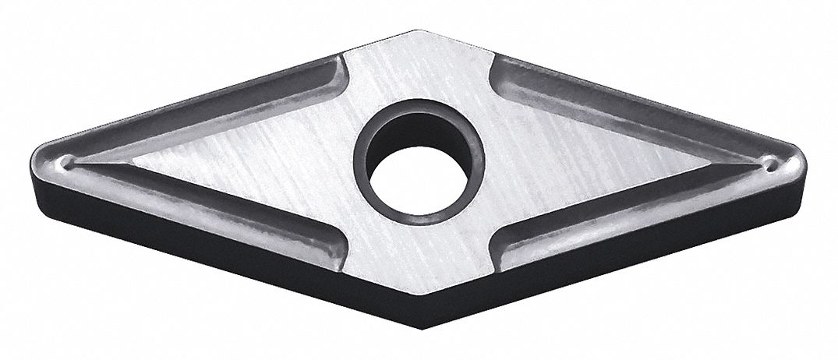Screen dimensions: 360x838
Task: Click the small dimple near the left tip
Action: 71,162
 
